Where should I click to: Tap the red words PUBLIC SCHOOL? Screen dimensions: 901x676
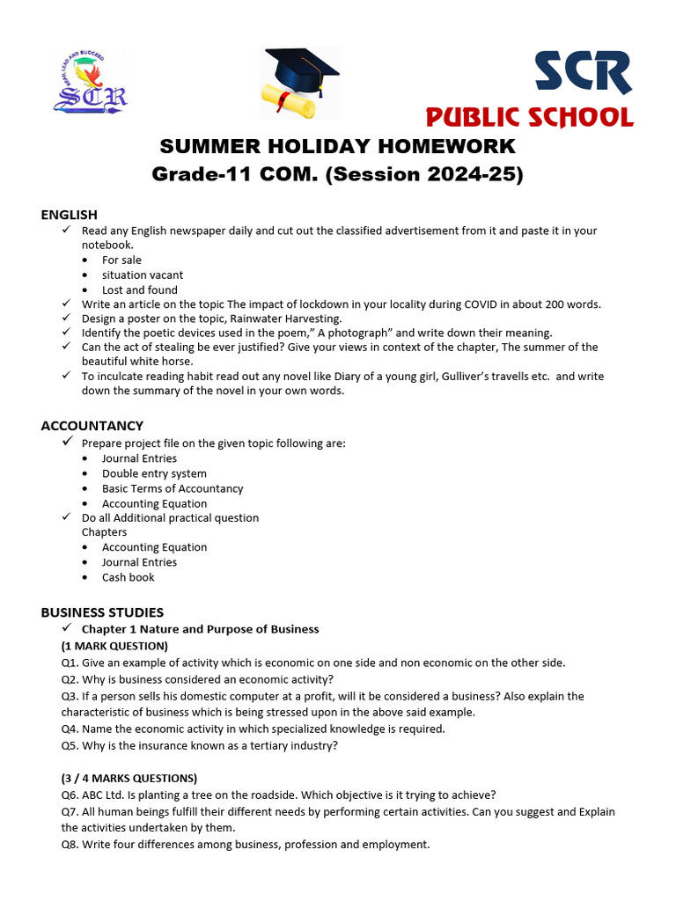click(529, 117)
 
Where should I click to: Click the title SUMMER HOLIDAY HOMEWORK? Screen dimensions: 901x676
click(337, 146)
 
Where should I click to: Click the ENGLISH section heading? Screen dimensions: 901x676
click(70, 215)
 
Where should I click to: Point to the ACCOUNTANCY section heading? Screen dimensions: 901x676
click(92, 426)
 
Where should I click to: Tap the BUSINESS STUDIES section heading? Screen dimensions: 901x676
click(102, 612)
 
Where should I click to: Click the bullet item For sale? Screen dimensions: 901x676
click(121, 260)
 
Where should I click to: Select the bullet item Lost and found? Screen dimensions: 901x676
click(139, 290)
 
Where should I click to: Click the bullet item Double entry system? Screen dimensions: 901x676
click(154, 473)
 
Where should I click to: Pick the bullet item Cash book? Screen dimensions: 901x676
click(128, 577)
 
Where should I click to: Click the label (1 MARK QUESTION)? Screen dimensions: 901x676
click(114, 646)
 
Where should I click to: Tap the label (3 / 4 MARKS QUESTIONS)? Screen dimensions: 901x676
click(129, 778)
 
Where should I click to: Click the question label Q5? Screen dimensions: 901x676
click(70, 745)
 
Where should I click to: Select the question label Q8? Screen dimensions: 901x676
click(70, 845)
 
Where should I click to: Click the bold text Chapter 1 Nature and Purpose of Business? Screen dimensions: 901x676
click(200, 629)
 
